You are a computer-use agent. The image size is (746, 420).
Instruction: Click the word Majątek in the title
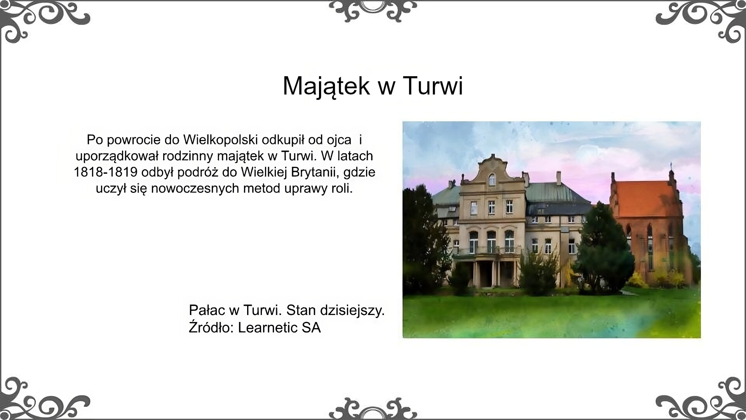point(326,86)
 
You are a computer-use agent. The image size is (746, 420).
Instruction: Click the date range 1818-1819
point(105,172)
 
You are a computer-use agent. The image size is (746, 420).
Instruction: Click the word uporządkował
point(117,156)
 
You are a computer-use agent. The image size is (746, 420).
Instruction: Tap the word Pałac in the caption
point(207,310)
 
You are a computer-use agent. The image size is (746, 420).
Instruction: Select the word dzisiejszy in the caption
point(352,310)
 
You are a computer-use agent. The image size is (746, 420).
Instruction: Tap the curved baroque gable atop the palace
point(492,171)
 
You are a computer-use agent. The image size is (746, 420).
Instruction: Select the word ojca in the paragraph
point(338,140)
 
